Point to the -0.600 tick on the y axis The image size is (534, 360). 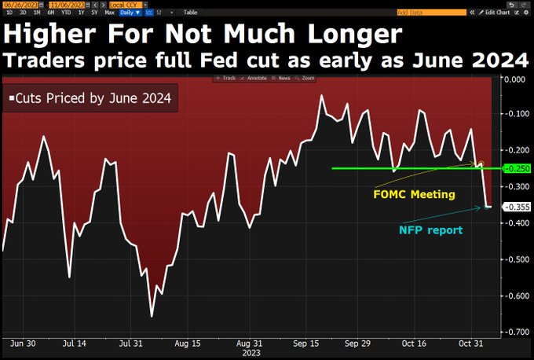(x=514, y=296)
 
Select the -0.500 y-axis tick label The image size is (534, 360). (x=514, y=259)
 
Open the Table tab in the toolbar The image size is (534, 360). (x=191, y=13)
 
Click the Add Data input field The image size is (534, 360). (x=424, y=13)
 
